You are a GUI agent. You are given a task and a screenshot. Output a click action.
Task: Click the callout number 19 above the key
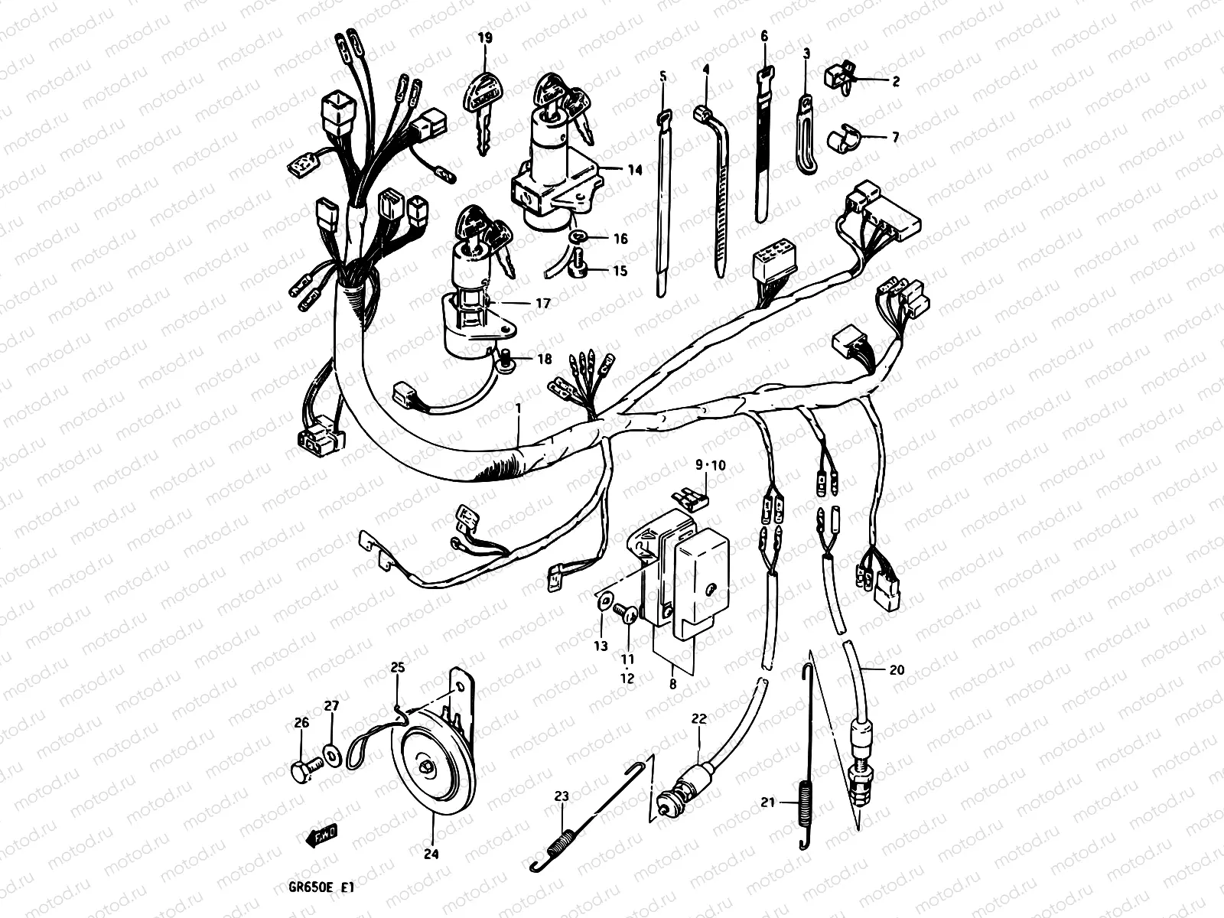[484, 37]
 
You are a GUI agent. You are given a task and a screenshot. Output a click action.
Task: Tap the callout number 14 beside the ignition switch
[634, 170]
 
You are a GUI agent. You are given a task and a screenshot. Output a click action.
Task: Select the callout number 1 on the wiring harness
[518, 409]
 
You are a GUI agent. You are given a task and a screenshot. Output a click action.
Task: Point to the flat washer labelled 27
[332, 755]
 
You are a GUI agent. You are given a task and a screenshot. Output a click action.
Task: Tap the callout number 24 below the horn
[431, 855]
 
